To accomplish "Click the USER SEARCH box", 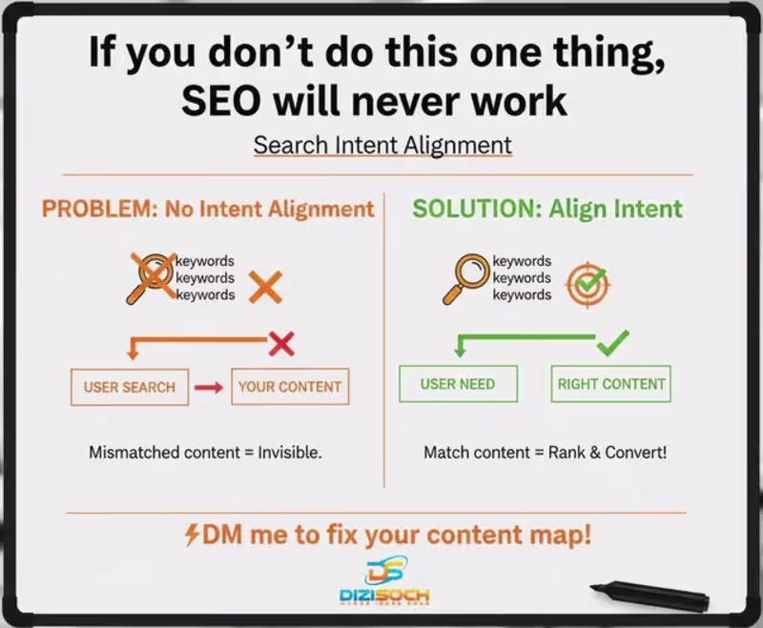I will [x=130, y=387].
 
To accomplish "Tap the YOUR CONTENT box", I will [x=290, y=387].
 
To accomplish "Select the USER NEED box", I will [x=458, y=384].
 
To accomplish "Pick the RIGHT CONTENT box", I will [x=610, y=384].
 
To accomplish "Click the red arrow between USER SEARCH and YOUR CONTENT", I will [x=209, y=387].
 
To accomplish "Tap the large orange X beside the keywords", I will [x=265, y=286].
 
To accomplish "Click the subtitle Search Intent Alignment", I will [x=382, y=146].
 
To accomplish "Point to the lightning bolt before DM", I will [x=192, y=536].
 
